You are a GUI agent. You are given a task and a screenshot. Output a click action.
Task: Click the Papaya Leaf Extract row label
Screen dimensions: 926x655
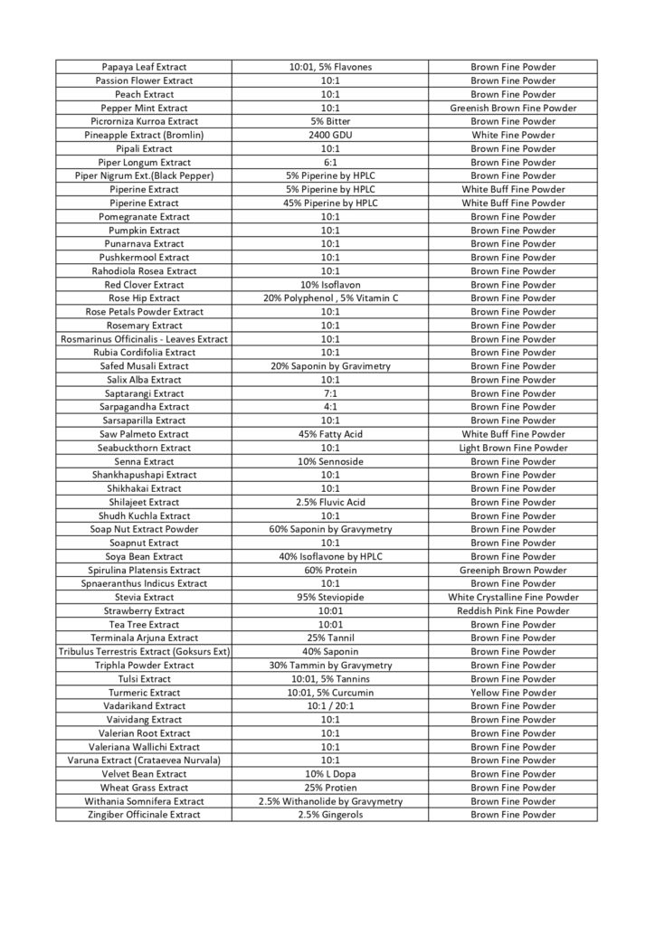[x=142, y=67]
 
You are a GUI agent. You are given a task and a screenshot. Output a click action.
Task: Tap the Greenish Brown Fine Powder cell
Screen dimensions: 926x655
[x=513, y=108]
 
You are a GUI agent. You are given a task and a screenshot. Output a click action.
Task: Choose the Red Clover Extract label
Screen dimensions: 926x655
[x=142, y=284]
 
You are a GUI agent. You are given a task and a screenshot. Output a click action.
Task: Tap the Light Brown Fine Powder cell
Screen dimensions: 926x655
[x=513, y=448]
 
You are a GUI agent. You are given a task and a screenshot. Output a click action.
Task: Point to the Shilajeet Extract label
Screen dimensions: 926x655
[x=142, y=502]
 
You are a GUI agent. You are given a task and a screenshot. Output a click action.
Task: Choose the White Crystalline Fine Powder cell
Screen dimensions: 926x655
[x=513, y=597]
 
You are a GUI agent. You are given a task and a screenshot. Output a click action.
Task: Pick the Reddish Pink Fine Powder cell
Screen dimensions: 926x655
[x=513, y=610]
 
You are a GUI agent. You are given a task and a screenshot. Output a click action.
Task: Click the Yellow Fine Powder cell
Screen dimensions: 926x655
[x=513, y=692]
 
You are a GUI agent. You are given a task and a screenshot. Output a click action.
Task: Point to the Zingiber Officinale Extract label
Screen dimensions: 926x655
[x=142, y=814]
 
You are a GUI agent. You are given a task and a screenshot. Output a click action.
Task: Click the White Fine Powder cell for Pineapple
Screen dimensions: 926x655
[x=513, y=135]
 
